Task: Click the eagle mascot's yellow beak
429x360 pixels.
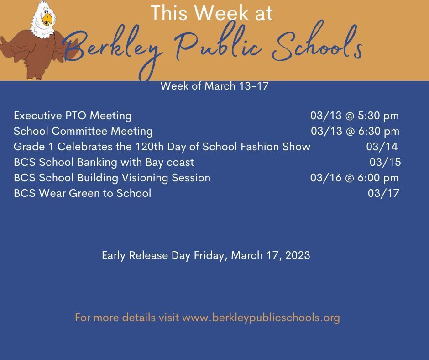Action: [47, 19]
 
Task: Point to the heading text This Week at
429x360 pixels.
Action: [211, 13]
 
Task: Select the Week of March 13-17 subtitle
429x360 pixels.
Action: [214, 86]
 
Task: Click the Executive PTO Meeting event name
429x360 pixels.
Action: [73, 116]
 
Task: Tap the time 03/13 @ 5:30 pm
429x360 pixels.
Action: [354, 116]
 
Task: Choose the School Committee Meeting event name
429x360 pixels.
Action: [83, 131]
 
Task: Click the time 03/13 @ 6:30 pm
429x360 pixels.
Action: [355, 131]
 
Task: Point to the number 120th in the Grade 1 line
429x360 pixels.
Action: [149, 147]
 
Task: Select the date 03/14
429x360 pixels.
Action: [382, 147]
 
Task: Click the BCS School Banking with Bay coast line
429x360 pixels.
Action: [104, 162]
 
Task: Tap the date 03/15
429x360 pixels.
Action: [385, 162]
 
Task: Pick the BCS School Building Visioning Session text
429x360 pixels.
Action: [112, 178]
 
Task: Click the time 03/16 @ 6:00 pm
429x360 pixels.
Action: [354, 178]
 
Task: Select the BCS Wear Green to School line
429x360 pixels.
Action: [82, 193]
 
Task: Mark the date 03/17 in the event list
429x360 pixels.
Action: [383, 193]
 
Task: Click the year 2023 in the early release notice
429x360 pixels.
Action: [298, 255]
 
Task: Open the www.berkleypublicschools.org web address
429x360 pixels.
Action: [261, 318]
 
